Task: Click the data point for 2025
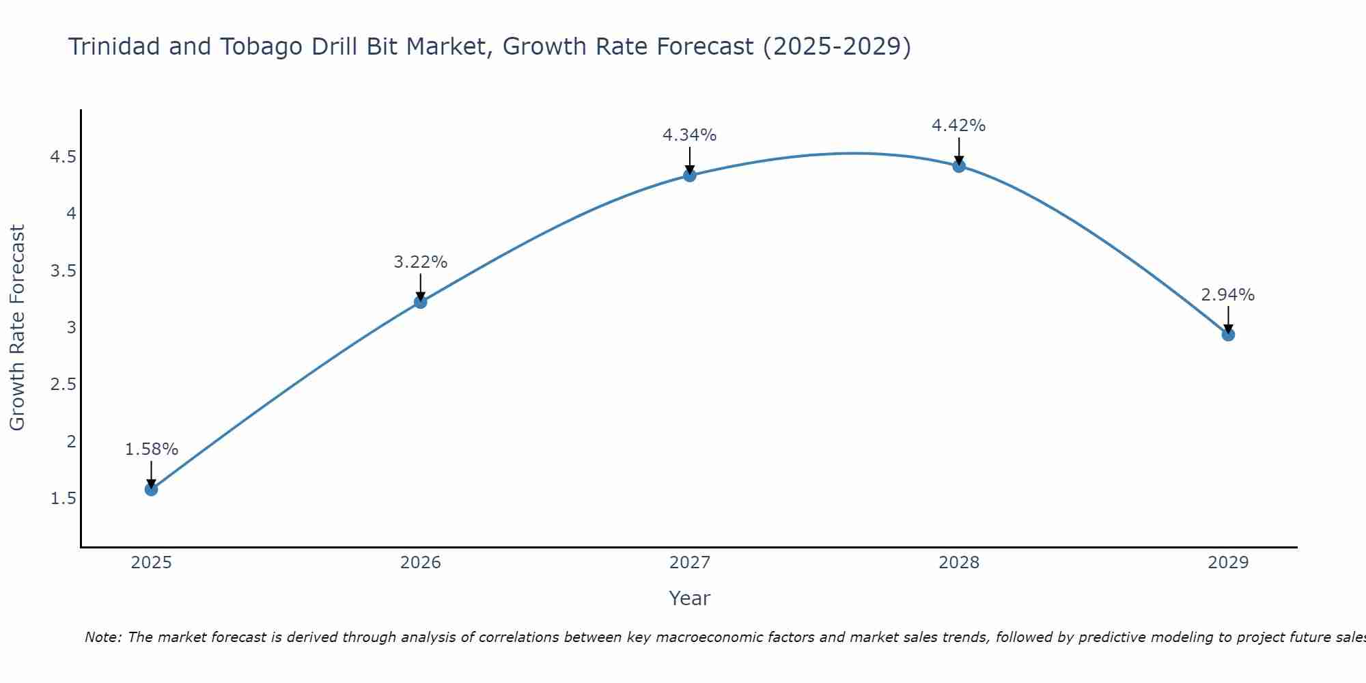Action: tap(152, 489)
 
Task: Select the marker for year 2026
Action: tap(421, 302)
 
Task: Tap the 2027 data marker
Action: tap(690, 176)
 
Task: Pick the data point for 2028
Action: tap(959, 166)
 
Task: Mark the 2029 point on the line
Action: tap(1228, 335)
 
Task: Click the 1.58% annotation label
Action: tap(152, 449)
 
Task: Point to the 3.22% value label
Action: tap(421, 262)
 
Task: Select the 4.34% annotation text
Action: tap(690, 135)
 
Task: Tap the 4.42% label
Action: tap(959, 126)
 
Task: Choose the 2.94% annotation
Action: tap(1228, 295)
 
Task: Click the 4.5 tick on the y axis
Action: tap(63, 157)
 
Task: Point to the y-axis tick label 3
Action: tap(71, 327)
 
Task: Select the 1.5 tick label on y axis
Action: tap(63, 499)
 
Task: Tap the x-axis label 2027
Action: tap(690, 563)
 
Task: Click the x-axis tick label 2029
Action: tap(1228, 563)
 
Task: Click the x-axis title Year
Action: tap(690, 598)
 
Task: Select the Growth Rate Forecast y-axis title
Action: tap(18, 328)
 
